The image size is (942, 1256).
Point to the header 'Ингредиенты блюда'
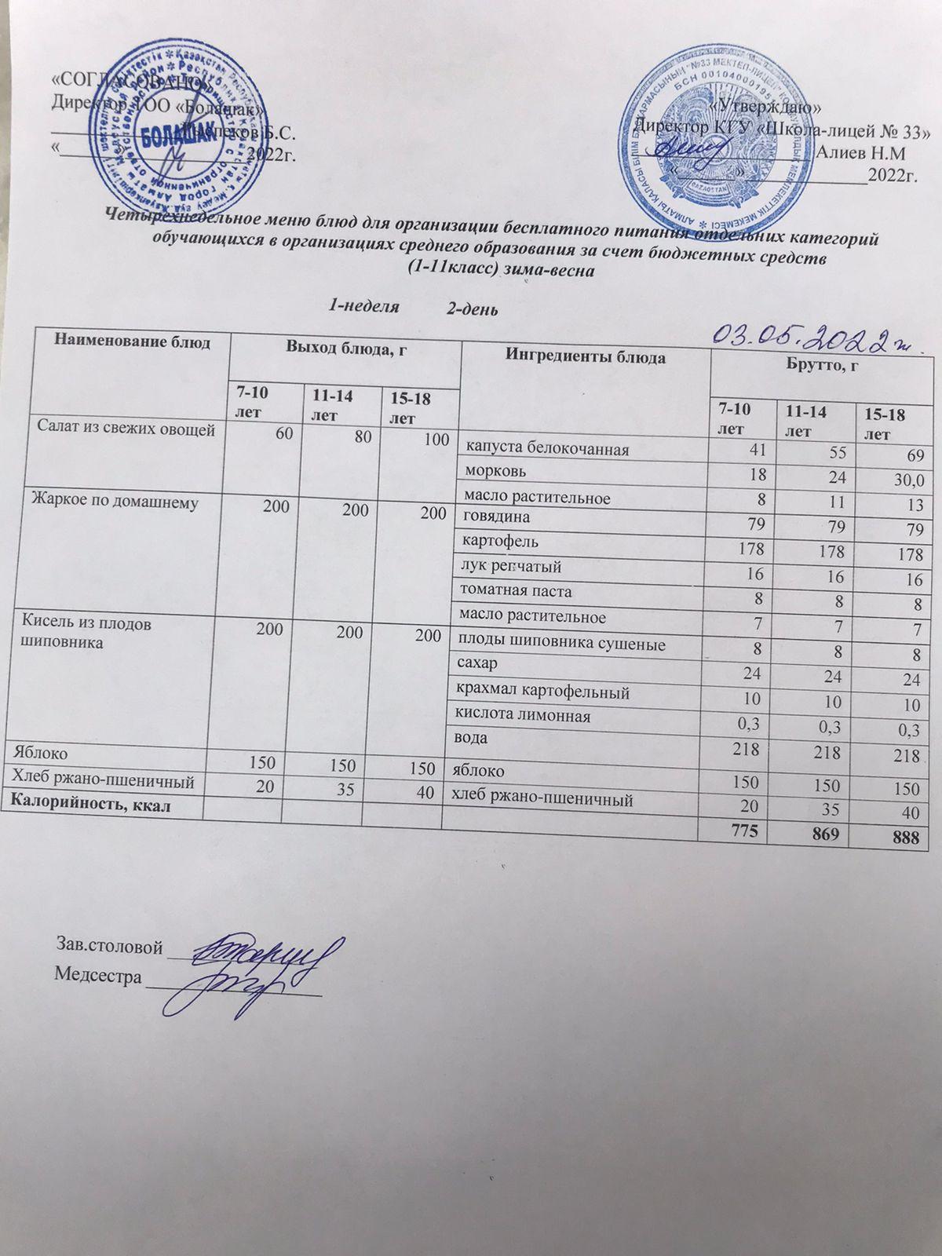(585, 358)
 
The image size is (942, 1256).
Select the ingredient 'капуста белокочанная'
(547, 448)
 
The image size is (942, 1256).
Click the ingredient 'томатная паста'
(518, 590)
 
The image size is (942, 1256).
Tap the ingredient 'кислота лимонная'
(523, 716)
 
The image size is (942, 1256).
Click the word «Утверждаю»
(765, 106)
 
